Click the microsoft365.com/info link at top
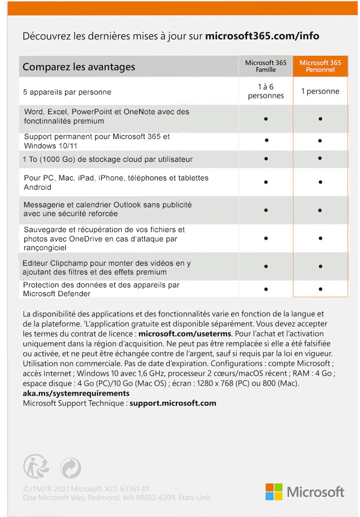(262, 36)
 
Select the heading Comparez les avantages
(79, 67)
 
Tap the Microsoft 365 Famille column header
(265, 66)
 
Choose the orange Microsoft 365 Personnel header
(320, 66)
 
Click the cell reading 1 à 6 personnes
(266, 92)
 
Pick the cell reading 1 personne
(320, 92)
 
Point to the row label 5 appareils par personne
(67, 93)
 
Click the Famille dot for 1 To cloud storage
(266, 158)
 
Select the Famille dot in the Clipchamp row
(266, 266)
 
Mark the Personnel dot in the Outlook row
(321, 210)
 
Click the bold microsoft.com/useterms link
(185, 333)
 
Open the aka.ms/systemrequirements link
(76, 393)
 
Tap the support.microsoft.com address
(173, 403)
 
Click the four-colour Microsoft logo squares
(274, 492)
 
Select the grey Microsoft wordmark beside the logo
(316, 492)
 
